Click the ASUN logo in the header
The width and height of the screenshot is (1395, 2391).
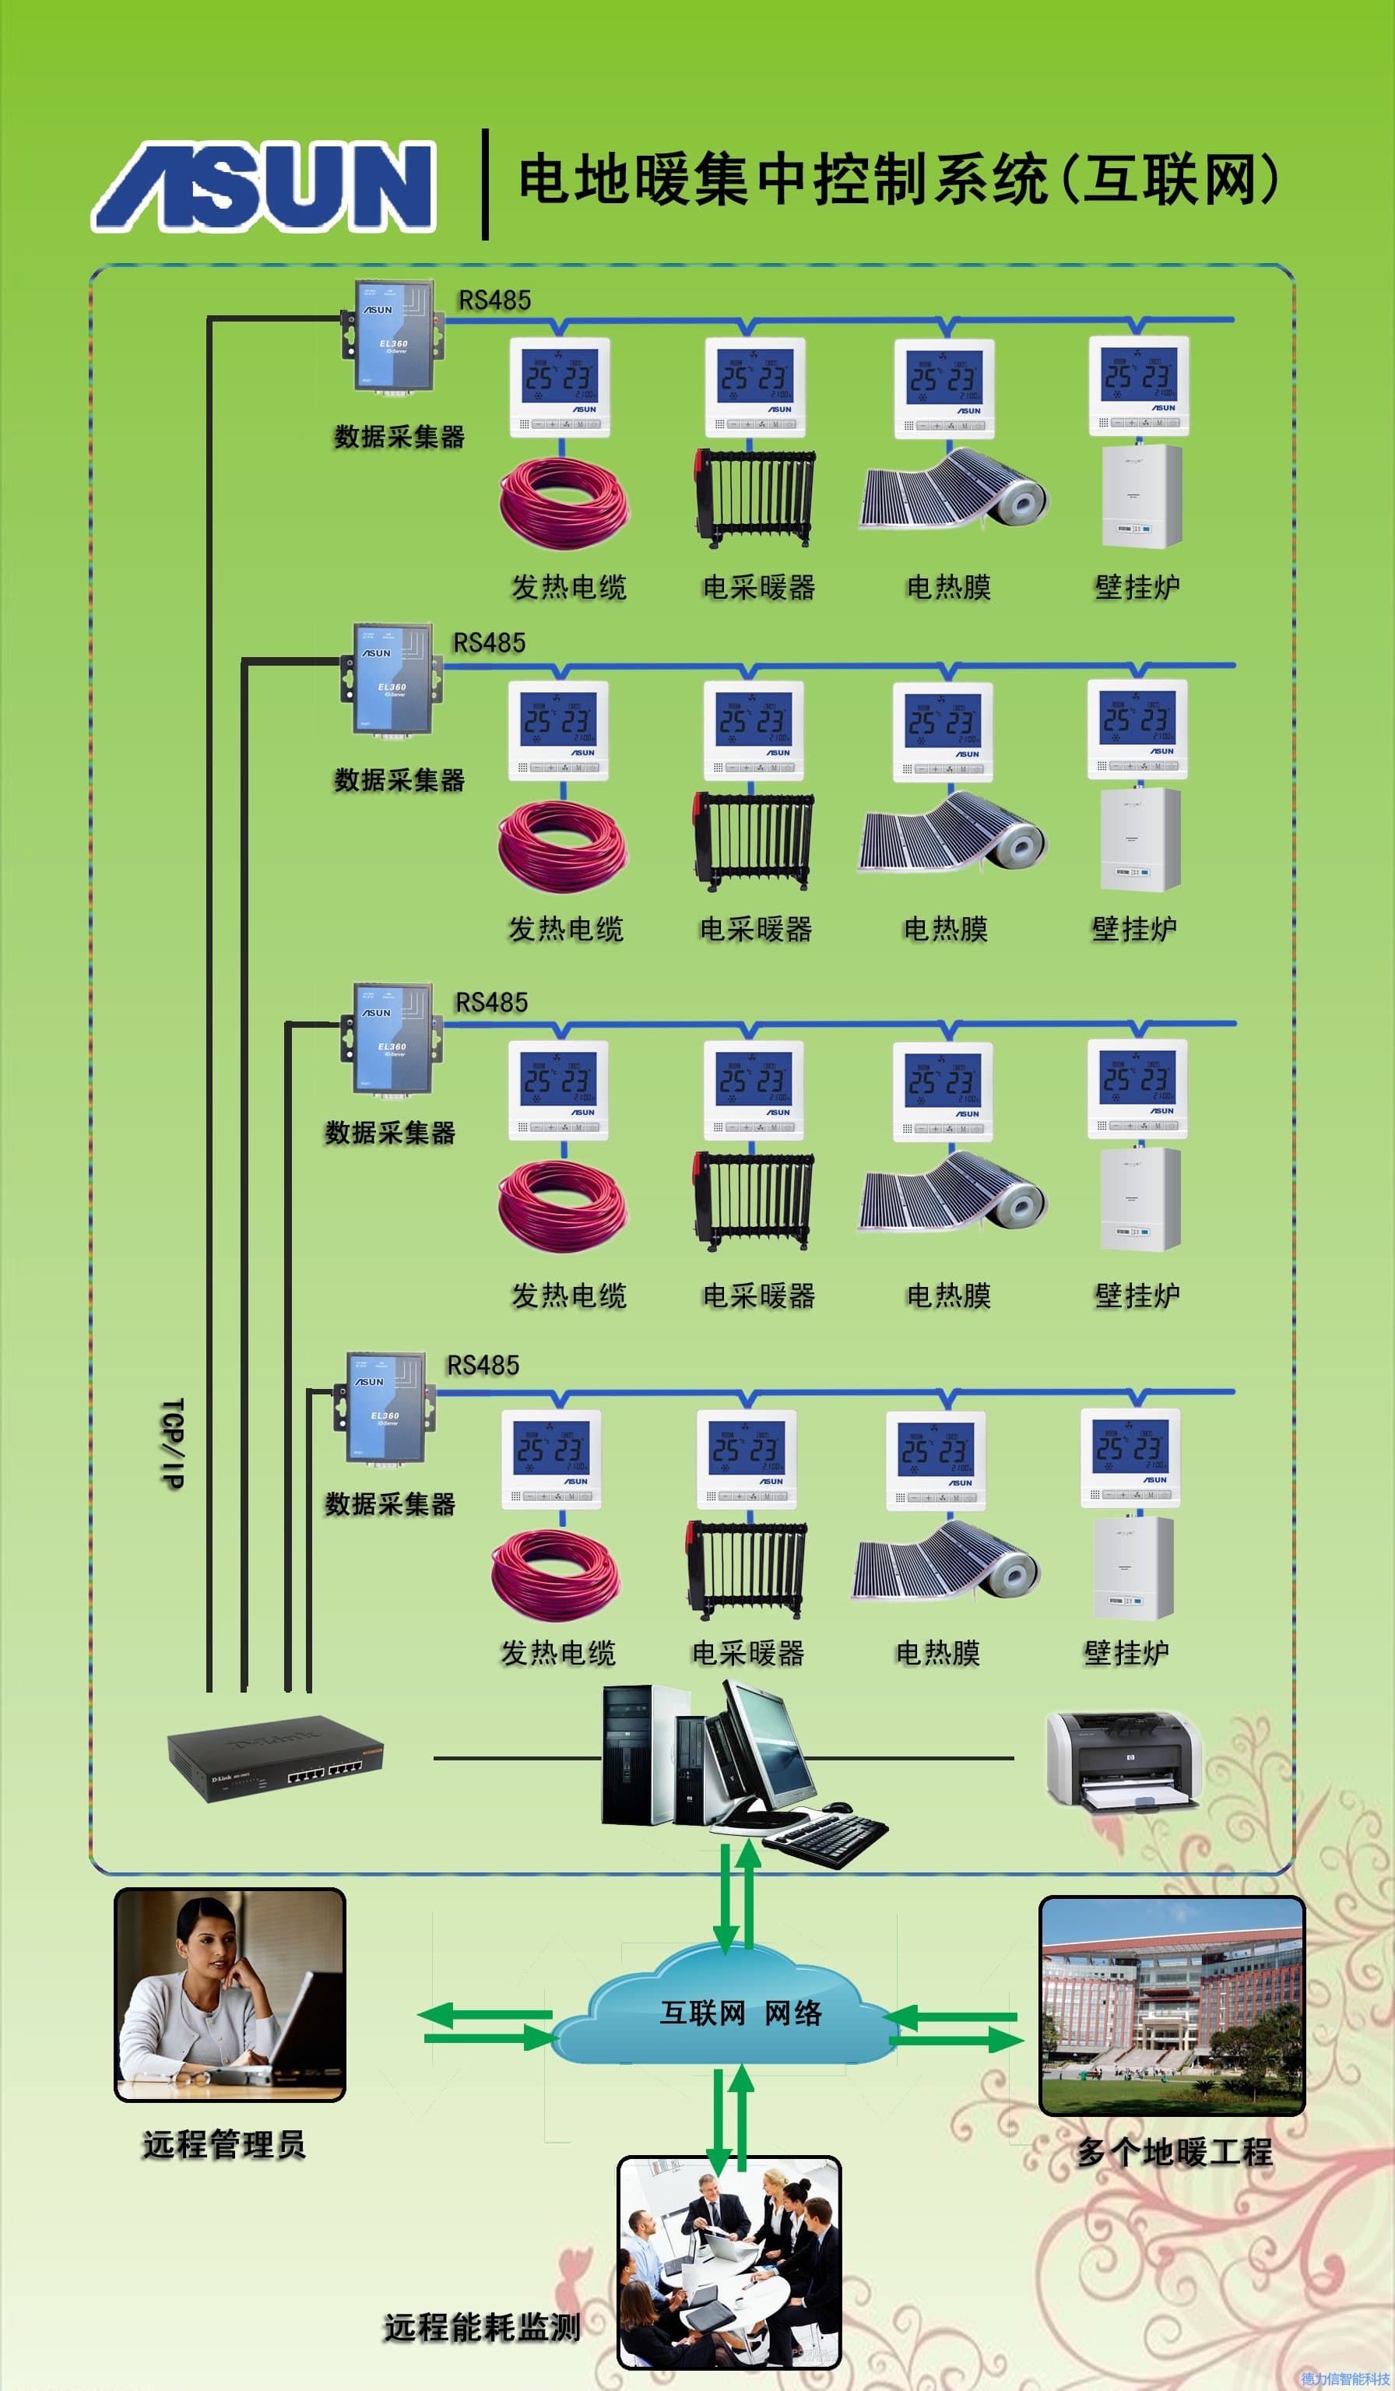(264, 186)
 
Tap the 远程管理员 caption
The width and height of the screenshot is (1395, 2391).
(224, 2144)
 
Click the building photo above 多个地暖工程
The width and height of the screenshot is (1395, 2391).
(1172, 2006)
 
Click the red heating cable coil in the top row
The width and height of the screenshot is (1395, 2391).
(564, 503)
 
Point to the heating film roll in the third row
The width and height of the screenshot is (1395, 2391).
(953, 1190)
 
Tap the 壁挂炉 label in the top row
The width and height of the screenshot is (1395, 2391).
(1137, 587)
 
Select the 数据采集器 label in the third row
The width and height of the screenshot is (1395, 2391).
(390, 1132)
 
